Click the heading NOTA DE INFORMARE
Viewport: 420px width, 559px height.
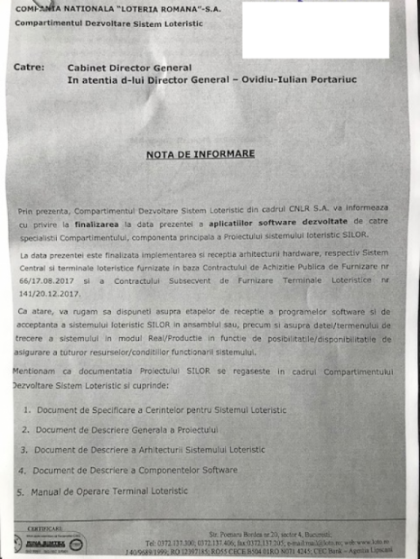tap(201, 154)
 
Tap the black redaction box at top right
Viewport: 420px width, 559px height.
tap(315, 30)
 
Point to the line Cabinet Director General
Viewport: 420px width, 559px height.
tap(130, 68)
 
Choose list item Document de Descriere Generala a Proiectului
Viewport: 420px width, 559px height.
tap(131, 430)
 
